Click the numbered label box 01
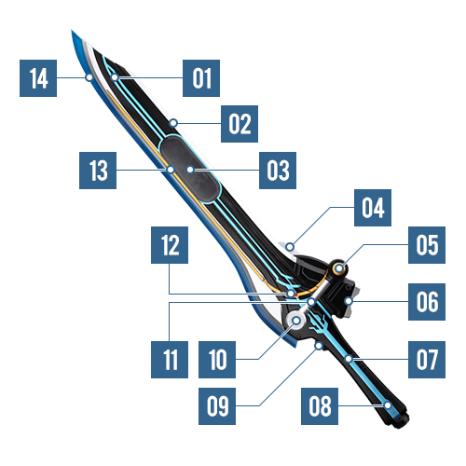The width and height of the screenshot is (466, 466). click(201, 78)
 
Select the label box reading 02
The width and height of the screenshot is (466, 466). click(240, 124)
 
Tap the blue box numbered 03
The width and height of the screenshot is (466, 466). click(278, 171)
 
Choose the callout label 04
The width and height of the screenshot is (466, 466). click(373, 208)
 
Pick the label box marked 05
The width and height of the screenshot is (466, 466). click(427, 245)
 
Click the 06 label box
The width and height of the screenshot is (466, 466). click(427, 302)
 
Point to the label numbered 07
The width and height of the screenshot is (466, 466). click(427, 360)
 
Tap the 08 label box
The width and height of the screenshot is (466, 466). click(320, 406)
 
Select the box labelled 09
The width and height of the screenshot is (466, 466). click(217, 406)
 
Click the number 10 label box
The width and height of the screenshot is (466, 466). click(217, 360)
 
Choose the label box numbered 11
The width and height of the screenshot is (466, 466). click(170, 360)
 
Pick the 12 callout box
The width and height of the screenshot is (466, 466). click(170, 245)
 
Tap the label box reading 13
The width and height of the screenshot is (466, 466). click(98, 171)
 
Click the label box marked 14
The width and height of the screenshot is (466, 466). click(38, 78)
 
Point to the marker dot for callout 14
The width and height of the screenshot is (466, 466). click(89, 77)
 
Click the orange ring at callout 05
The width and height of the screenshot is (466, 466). click(339, 268)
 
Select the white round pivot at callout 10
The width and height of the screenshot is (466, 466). click(296, 320)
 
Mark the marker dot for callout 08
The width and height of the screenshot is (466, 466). click(388, 405)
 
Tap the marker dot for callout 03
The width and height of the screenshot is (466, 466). click(190, 170)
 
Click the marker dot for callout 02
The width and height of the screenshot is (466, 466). click(173, 123)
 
